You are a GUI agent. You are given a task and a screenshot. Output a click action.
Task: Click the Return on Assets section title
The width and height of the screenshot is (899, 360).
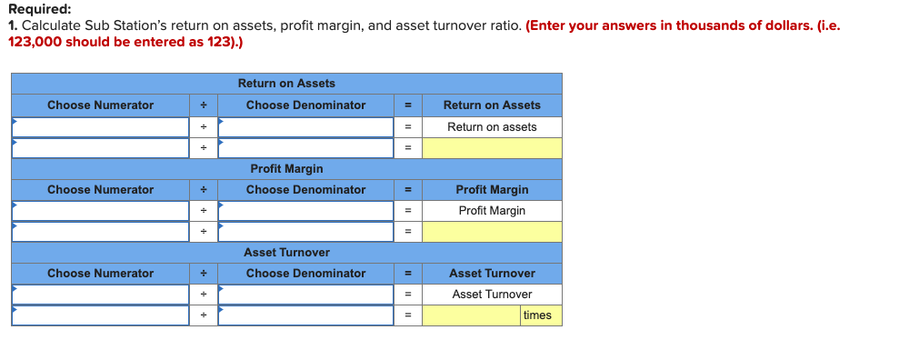pos(286,84)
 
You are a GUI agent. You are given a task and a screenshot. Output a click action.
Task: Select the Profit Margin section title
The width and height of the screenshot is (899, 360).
pos(286,168)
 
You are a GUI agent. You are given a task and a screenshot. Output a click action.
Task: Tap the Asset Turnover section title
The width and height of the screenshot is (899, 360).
pos(286,252)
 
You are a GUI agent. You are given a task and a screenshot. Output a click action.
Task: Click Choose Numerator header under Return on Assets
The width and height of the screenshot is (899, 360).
pos(100,105)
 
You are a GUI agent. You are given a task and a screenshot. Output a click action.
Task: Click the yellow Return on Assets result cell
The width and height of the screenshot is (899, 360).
pos(492,148)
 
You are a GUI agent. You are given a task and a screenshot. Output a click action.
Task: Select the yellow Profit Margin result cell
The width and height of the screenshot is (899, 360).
pos(492,232)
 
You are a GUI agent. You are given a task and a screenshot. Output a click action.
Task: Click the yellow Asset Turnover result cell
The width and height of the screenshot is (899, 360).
pos(471,315)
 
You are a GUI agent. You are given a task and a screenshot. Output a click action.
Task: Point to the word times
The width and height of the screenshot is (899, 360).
pos(537,315)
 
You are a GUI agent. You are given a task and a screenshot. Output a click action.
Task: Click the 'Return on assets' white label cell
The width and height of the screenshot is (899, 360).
pos(492,127)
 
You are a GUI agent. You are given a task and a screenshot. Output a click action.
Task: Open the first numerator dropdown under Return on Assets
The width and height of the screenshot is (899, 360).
pos(100,127)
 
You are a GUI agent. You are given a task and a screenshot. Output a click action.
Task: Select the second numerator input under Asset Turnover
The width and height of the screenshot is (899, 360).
pos(100,315)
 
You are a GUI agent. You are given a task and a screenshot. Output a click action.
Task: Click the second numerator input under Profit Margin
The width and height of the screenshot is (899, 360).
pos(100,232)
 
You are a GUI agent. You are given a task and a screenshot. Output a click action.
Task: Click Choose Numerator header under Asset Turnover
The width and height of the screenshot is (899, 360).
pos(100,274)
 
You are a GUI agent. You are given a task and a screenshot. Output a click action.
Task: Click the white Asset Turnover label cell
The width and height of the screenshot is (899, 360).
pos(492,295)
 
